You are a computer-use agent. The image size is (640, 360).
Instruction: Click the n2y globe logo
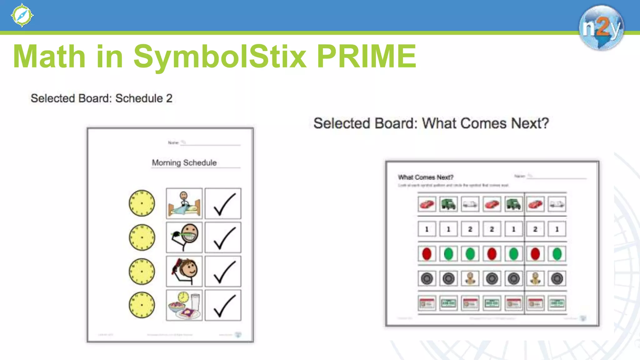(x=601, y=27)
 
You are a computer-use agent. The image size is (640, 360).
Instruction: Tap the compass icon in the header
(x=22, y=15)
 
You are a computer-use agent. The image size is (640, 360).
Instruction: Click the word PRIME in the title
(x=366, y=56)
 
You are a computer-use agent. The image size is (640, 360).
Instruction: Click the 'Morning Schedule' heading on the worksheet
(x=184, y=162)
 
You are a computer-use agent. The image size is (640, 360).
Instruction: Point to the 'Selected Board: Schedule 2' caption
(x=102, y=98)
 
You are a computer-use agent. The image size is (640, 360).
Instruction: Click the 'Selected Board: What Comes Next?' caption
(x=431, y=123)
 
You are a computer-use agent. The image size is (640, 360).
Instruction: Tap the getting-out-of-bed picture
(x=184, y=203)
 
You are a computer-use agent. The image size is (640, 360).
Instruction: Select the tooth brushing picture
(x=184, y=237)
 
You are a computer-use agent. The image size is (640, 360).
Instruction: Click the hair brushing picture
(x=184, y=271)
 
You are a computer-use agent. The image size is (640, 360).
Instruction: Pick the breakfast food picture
(x=184, y=305)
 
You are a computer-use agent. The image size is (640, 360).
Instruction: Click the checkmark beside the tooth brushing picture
(x=223, y=237)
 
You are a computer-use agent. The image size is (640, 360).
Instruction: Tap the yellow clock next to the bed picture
(x=142, y=203)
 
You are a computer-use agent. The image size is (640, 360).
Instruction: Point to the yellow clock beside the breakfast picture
(x=142, y=305)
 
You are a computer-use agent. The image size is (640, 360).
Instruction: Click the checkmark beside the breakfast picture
(x=223, y=305)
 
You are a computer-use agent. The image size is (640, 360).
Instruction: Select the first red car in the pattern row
(x=427, y=204)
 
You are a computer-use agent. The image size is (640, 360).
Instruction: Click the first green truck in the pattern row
(x=448, y=204)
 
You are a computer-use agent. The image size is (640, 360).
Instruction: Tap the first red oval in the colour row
(x=427, y=254)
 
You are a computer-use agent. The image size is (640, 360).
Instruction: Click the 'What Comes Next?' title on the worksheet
(x=426, y=177)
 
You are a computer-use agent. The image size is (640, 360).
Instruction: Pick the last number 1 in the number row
(x=557, y=229)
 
